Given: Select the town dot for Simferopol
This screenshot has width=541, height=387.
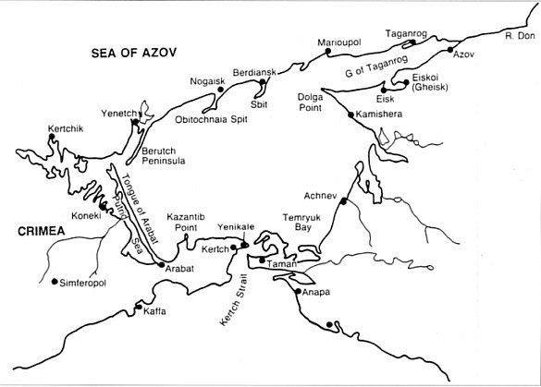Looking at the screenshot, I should click(x=55, y=282).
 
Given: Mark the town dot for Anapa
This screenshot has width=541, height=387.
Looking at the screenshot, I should click(x=297, y=292).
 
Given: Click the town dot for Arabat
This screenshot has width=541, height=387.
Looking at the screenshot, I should click(x=162, y=266).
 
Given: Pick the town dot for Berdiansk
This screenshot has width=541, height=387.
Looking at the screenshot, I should click(x=263, y=81).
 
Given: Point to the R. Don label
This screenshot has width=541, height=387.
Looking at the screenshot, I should click(x=519, y=35).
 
